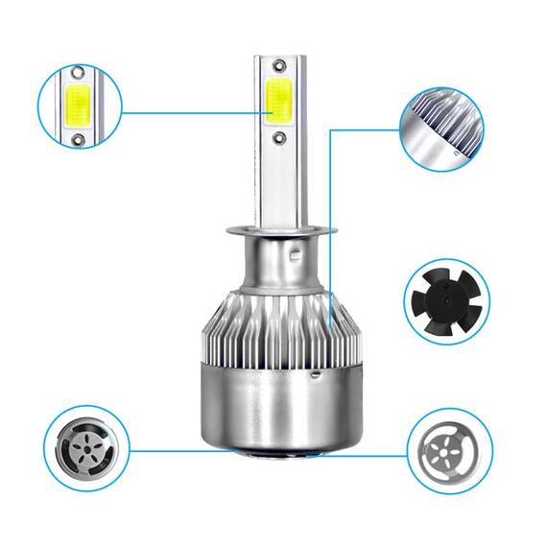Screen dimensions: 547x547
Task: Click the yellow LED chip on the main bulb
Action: coord(276,102)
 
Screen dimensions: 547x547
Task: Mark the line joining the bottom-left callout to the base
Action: coord(173,448)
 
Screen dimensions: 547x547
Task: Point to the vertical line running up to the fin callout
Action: coord(330,221)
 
